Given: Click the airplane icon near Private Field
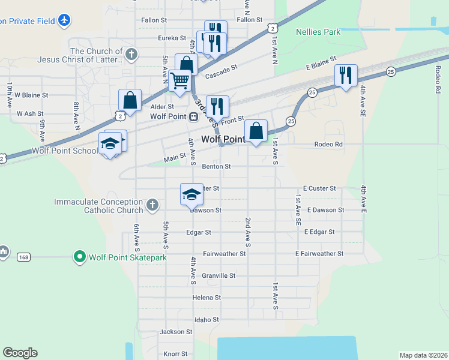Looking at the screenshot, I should pos(64,20).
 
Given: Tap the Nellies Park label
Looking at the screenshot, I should pos(318,32).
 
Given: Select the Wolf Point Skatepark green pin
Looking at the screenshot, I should pos(79,257).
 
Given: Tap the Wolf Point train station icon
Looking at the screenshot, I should pos(193,116).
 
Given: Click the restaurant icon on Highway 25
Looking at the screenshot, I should pos(346,75).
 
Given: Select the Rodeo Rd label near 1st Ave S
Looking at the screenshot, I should pos(328,144).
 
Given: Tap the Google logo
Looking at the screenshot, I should pos(20,353).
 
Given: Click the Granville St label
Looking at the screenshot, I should pos(218,275).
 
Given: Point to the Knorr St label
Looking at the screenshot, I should pos(176,354).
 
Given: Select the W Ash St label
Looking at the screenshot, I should pos(30,113).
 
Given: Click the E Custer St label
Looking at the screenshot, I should pos(319,188).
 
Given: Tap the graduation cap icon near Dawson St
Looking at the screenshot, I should pos(191,194).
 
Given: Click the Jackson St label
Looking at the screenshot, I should pos(176,331).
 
